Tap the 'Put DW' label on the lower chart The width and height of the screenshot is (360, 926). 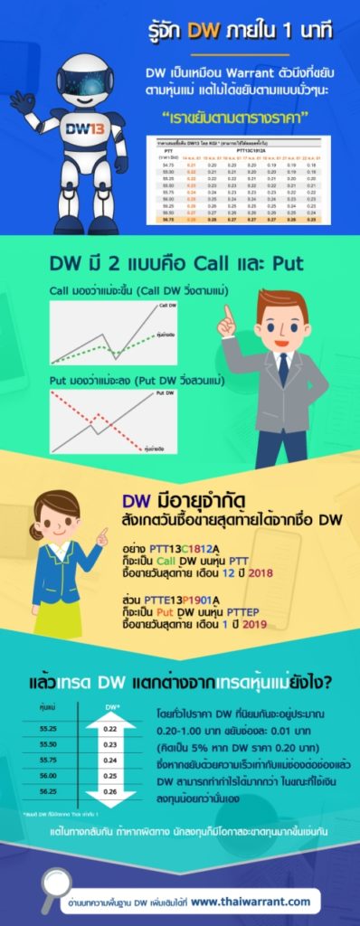166,394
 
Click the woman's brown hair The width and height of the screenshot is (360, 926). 57,507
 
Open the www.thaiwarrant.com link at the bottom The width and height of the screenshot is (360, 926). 251,901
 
